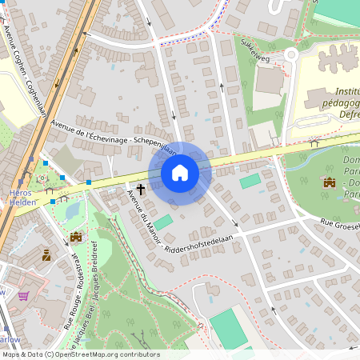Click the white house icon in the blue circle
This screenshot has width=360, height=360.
[x=179, y=173]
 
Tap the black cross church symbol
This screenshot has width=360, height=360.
[x=141, y=190]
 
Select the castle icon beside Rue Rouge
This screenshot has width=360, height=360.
[x=76, y=237]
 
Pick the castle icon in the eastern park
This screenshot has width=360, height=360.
[x=327, y=182]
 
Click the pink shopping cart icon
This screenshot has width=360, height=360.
[x=23, y=296]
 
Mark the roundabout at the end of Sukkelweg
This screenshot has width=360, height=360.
[x=291, y=54]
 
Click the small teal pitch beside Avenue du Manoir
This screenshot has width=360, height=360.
[x=162, y=222]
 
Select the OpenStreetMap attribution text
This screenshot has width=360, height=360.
[x=80, y=354]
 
